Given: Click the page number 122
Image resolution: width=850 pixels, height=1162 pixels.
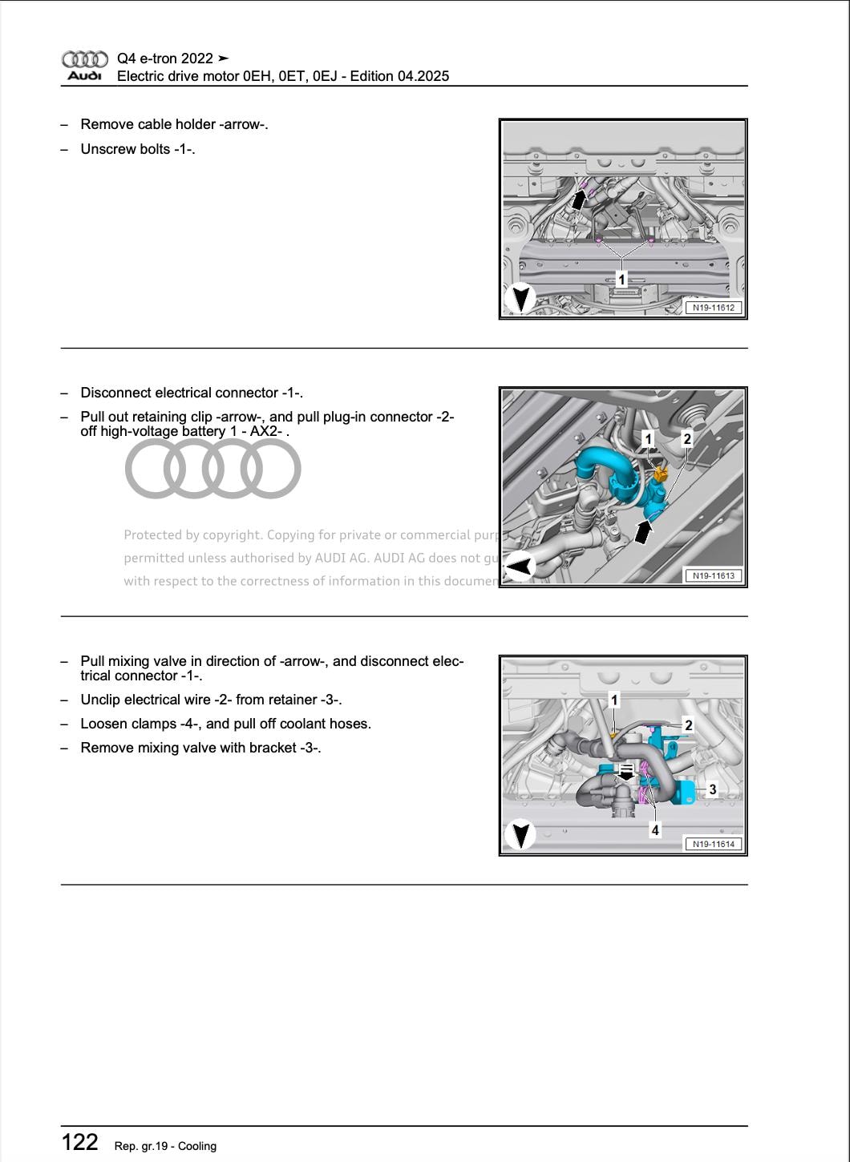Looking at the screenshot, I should (80, 1142).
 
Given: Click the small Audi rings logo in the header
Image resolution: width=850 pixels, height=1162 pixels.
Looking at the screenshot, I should (84, 59).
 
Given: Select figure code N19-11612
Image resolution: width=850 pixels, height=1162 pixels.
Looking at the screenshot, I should (713, 308).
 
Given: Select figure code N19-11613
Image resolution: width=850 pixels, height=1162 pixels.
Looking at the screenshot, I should (713, 575).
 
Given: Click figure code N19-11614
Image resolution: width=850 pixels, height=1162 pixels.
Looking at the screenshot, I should (713, 844).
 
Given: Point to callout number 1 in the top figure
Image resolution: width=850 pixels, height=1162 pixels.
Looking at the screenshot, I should (621, 279).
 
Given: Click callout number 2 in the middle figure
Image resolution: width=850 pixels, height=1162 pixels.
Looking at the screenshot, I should (686, 438).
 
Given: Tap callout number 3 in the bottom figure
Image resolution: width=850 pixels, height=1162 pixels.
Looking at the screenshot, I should (712, 790).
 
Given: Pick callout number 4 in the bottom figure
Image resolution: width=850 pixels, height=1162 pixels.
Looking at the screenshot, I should (655, 830).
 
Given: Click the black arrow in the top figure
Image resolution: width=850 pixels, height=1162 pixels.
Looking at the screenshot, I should (579, 196).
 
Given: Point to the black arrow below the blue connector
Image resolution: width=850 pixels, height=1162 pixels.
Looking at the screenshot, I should (642, 529).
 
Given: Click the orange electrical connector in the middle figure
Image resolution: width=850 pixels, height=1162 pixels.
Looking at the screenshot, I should (660, 474).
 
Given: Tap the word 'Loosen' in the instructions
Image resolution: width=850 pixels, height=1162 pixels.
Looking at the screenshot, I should (102, 724).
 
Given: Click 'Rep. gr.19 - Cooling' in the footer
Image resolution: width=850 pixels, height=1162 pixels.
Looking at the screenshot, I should (165, 1146).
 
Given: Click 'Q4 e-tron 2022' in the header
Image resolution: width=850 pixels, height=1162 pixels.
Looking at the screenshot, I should (165, 59).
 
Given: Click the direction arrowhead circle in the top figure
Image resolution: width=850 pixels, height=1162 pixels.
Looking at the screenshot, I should (520, 299).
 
